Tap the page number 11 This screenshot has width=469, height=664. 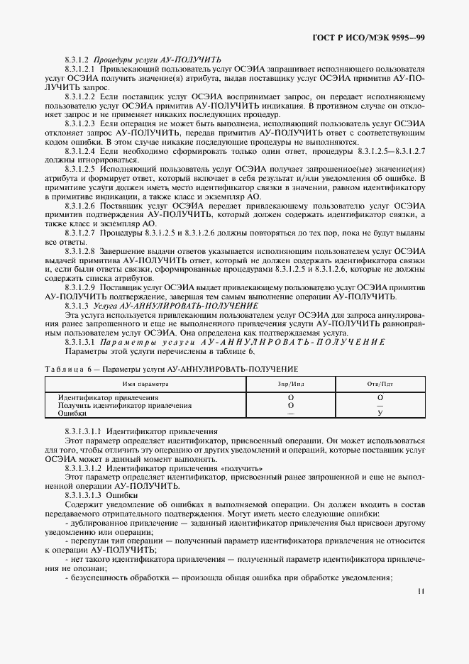[x=421, y=590]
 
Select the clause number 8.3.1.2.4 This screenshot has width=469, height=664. [x=80, y=151]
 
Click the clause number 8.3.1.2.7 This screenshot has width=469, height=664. [x=80, y=233]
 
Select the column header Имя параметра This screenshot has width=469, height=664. [x=145, y=383]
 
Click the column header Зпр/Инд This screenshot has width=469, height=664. [x=291, y=383]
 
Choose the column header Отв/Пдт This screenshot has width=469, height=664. [x=380, y=383]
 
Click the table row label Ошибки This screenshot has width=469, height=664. [x=72, y=413]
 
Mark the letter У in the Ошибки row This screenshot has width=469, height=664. [x=380, y=413]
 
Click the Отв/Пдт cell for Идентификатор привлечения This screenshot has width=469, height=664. [x=380, y=397]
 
